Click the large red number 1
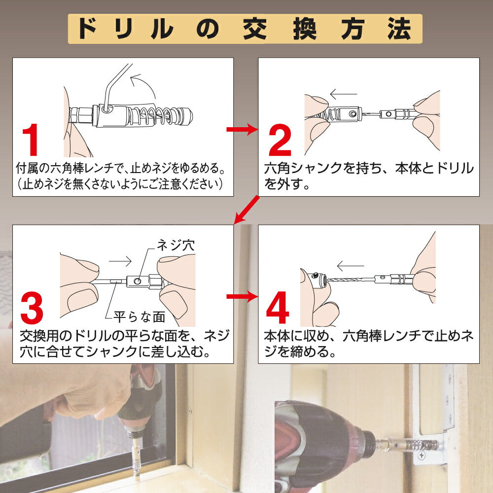31,140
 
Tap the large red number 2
280,140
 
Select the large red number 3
32,308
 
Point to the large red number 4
277,308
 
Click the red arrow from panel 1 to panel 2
242,129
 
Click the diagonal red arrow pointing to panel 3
247,210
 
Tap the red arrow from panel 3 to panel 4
242,296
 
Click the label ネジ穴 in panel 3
176,245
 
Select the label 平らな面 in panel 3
140,317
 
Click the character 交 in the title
255,29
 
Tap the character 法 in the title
399,29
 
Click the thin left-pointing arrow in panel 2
344,94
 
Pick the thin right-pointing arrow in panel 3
120,261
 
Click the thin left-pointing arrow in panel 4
350,266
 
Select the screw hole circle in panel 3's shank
138,281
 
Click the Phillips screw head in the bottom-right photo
422,455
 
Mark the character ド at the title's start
87,29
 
